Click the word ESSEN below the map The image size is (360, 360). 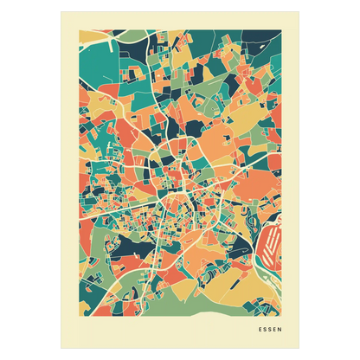(269, 328)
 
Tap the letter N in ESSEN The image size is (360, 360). (278, 328)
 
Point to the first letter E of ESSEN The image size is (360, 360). (260, 328)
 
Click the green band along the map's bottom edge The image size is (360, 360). (173, 307)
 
